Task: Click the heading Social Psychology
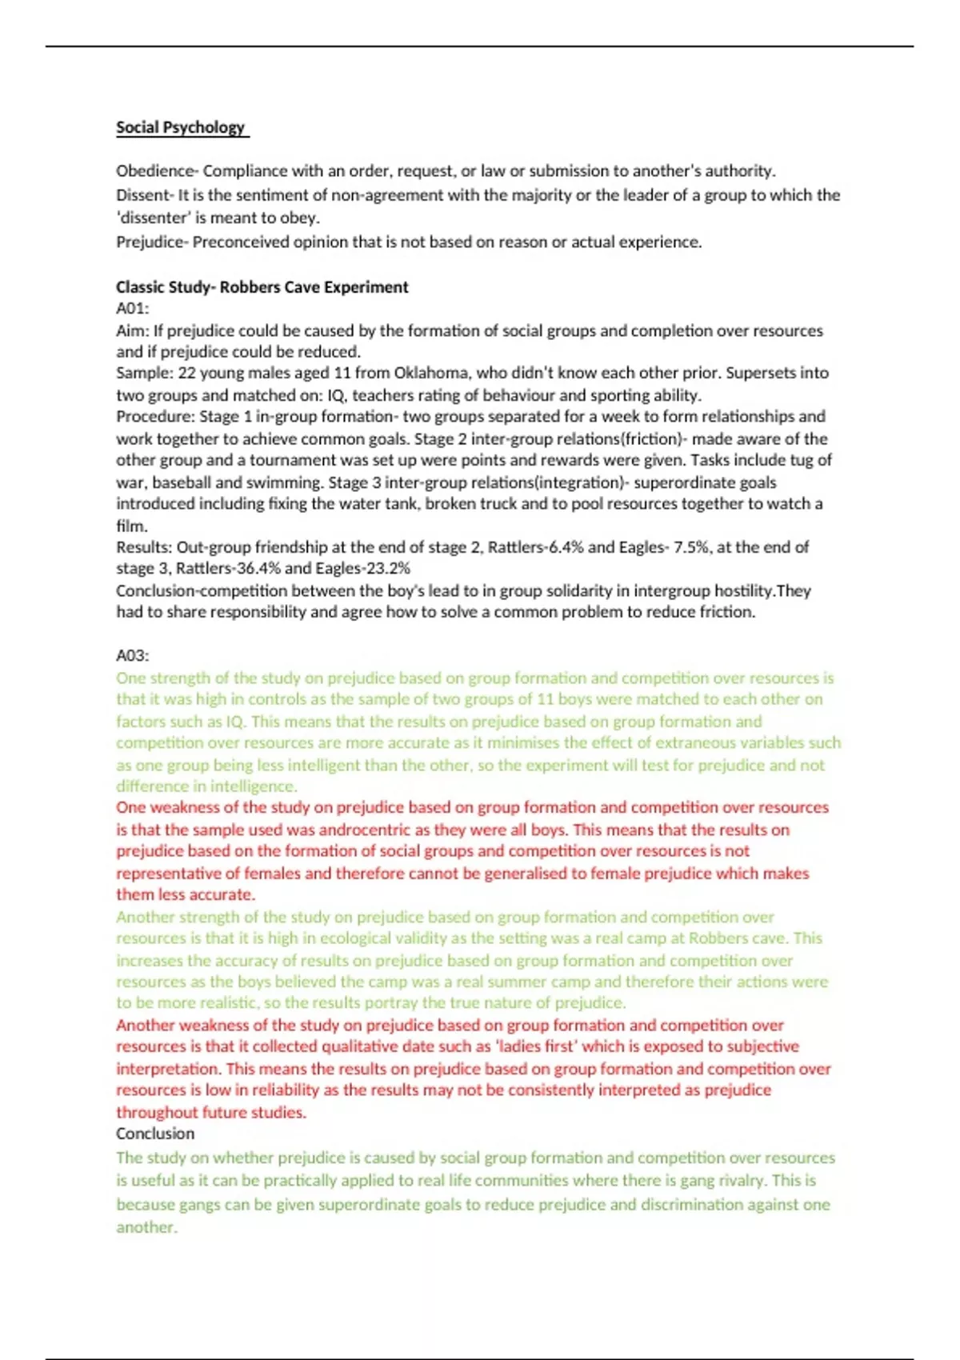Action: click(181, 127)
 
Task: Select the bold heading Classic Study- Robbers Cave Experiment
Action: click(262, 287)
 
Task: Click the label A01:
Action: click(133, 308)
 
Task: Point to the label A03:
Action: click(133, 655)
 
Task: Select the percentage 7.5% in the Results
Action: click(690, 547)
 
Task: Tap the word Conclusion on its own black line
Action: click(155, 1134)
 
